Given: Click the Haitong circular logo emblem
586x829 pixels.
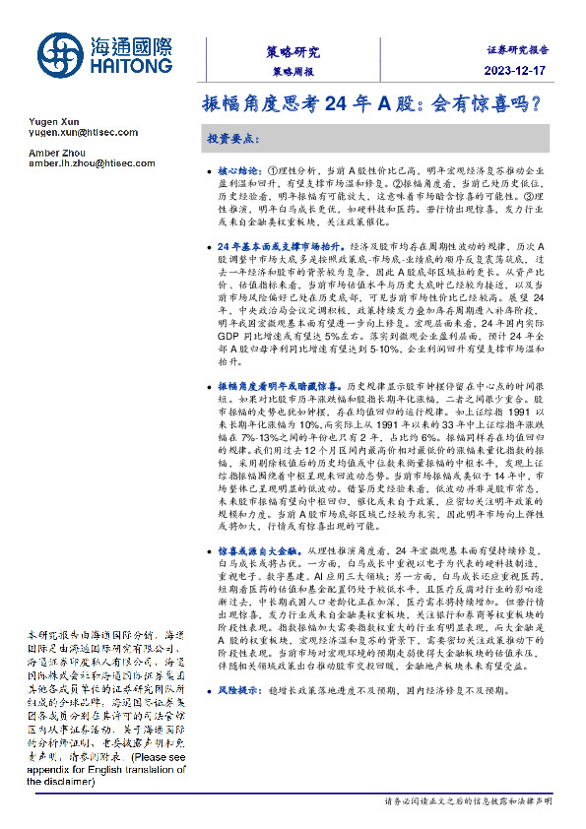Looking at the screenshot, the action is [59, 54].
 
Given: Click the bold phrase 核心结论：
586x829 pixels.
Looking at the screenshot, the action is [241, 170].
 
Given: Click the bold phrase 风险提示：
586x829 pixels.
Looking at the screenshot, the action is [241, 692].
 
